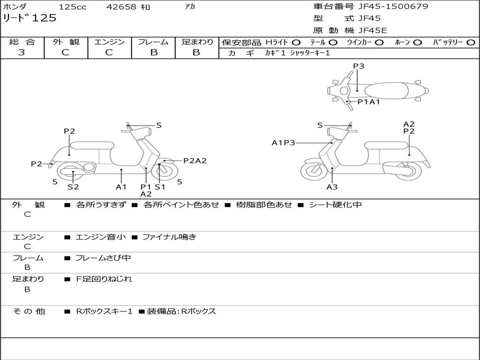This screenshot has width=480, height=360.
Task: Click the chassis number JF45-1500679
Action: coord(393,7)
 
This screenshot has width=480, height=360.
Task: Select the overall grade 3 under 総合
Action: coord(22,52)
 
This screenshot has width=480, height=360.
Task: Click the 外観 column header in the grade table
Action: coord(66,42)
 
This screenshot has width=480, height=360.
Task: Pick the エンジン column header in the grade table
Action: coord(109,42)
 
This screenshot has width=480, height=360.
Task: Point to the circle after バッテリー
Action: coord(471,43)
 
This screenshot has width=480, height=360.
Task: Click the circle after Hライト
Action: coord(296,43)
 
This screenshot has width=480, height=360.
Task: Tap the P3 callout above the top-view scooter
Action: coord(359,66)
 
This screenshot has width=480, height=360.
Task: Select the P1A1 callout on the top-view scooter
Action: coord(368,102)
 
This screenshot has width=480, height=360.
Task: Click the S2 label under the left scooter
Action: coord(73,187)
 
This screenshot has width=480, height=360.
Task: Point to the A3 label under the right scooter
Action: coord(332,187)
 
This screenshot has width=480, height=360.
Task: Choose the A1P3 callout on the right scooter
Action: coord(284,142)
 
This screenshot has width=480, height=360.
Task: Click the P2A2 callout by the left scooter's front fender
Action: coord(195,161)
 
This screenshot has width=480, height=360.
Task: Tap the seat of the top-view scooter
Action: coord(386,91)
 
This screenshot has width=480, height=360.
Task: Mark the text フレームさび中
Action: coord(103,258)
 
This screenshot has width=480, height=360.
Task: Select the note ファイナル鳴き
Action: coord(169,237)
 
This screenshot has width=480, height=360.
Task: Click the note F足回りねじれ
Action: coord(104,279)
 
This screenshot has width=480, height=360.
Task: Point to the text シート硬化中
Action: coord(335,204)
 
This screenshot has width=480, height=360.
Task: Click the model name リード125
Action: coord(30,18)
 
